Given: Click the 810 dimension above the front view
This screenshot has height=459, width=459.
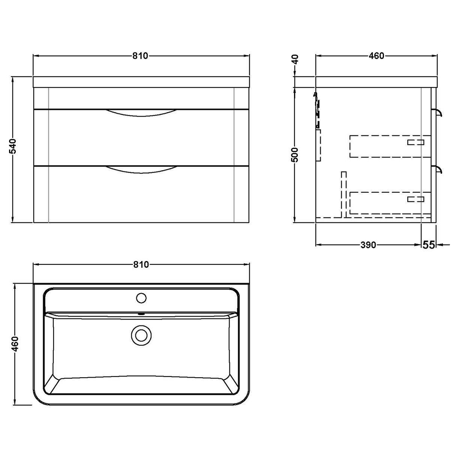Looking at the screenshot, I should click(141, 56).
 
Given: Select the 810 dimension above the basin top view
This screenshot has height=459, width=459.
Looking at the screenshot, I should click(141, 265).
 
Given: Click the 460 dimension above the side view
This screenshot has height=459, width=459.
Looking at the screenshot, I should click(376, 56).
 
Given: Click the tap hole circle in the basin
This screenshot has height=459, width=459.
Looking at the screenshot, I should click(141, 298).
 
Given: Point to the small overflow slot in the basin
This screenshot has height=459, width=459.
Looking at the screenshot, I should click(141, 313).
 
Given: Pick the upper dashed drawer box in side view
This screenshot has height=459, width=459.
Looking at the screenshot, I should click(390, 146).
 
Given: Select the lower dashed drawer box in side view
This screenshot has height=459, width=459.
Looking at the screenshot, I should click(390, 203).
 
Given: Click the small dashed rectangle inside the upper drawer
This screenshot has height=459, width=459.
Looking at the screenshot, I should click(416, 142).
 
